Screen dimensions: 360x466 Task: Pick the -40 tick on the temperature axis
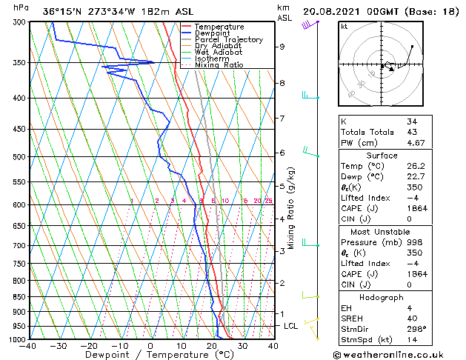[28, 345]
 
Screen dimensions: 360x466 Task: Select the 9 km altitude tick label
[282, 47]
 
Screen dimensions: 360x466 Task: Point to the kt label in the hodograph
[344, 26]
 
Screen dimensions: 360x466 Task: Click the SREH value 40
[411, 319]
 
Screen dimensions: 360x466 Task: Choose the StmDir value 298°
[416, 329]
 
